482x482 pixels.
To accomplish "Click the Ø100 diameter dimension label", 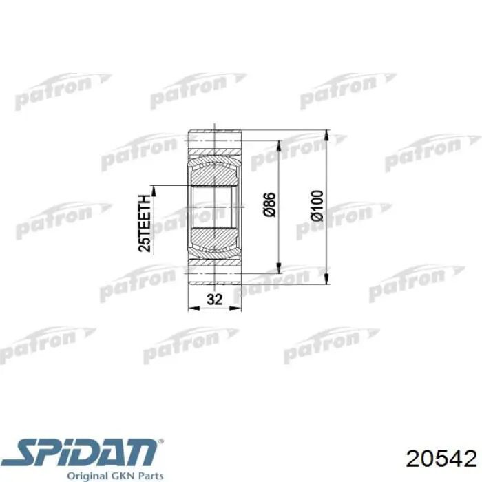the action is click(317, 206).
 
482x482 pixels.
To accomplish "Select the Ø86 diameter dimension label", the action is click(270, 205).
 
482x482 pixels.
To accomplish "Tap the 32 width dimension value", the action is click(214, 299).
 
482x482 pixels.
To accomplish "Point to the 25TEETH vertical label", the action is click(145, 224).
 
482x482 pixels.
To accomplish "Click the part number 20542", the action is click(441, 459).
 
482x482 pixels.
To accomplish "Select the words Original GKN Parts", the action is click(115, 476).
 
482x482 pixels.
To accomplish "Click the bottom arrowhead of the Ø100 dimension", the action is click(326, 279).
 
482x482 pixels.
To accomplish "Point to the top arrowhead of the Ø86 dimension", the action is click(279, 146).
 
